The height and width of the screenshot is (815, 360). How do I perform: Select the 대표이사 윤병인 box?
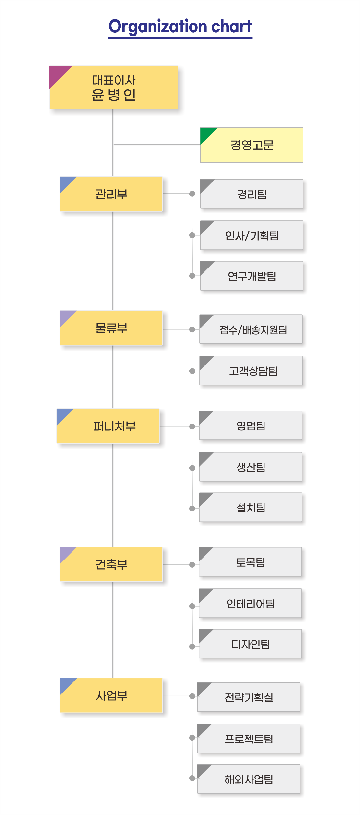click(114, 88)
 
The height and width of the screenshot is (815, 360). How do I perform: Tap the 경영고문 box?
click(252, 145)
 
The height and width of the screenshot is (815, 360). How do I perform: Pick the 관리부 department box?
click(111, 194)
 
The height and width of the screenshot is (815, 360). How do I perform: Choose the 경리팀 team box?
click(252, 194)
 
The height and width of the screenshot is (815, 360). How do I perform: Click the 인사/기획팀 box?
click(252, 236)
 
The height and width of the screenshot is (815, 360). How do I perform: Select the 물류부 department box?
click(111, 328)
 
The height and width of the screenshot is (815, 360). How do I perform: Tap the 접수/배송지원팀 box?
click(252, 330)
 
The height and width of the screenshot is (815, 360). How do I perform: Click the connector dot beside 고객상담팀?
click(192, 371)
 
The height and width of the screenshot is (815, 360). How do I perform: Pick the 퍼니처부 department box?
click(108, 426)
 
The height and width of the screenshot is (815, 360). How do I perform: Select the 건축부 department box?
click(111, 564)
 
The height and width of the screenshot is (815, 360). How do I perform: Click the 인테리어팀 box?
click(251, 604)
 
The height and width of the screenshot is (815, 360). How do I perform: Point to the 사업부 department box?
click(111, 695)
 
